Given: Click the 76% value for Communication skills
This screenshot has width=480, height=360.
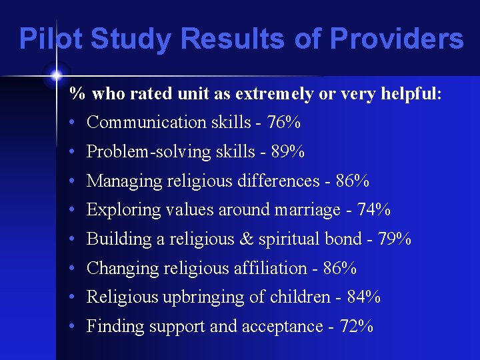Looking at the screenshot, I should [x=283, y=123].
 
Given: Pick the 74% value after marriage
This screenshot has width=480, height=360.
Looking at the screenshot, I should [x=374, y=210].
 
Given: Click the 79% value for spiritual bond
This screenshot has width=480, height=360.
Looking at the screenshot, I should [x=395, y=239].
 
